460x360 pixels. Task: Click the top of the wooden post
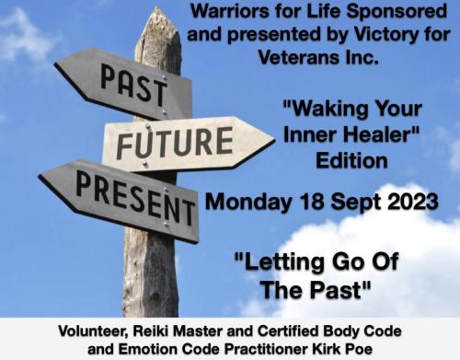pos(160,18)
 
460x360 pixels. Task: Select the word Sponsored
pos(399,14)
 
